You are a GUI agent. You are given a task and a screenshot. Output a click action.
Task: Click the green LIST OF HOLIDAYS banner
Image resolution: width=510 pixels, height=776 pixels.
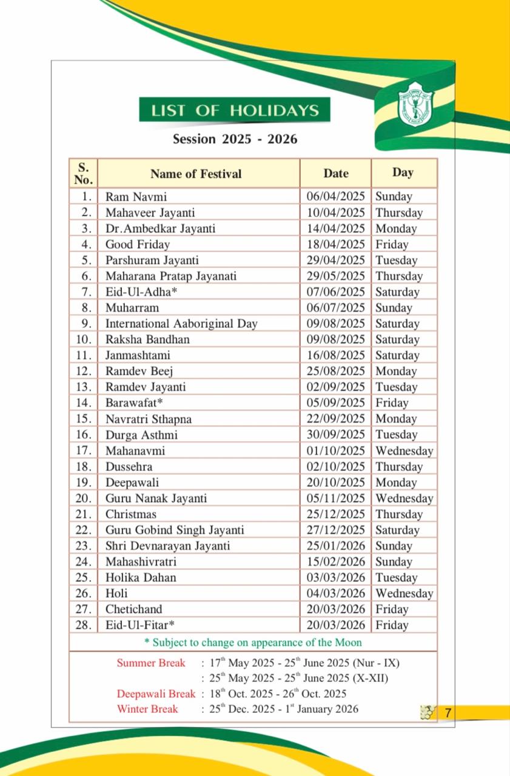(x=235, y=110)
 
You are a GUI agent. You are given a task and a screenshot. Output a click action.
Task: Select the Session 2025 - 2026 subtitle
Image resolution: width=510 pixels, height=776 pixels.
(x=235, y=139)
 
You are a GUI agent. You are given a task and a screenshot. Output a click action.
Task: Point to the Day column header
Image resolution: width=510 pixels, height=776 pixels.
(x=403, y=173)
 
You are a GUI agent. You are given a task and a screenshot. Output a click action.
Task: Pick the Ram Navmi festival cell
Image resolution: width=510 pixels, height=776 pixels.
(x=136, y=197)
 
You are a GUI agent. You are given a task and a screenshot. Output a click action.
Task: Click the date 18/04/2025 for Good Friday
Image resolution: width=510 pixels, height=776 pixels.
(x=335, y=244)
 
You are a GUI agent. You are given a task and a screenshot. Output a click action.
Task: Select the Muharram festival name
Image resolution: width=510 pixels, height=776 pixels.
(x=132, y=308)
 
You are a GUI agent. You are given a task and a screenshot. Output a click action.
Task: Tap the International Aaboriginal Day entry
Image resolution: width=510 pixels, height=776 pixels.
(x=181, y=324)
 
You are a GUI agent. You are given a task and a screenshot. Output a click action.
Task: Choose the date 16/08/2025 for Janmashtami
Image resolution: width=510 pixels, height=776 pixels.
(x=335, y=355)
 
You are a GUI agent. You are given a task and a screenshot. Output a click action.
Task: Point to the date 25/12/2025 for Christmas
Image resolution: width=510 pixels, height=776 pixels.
(x=335, y=514)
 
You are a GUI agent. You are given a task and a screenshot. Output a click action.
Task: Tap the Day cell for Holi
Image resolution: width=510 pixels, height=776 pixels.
(x=404, y=594)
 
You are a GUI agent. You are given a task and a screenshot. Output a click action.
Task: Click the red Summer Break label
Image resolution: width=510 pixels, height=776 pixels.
(x=151, y=663)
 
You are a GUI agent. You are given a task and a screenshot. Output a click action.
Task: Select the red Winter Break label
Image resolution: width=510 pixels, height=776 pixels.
(x=147, y=709)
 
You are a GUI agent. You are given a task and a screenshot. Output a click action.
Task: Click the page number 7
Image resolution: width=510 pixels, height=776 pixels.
(x=448, y=713)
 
